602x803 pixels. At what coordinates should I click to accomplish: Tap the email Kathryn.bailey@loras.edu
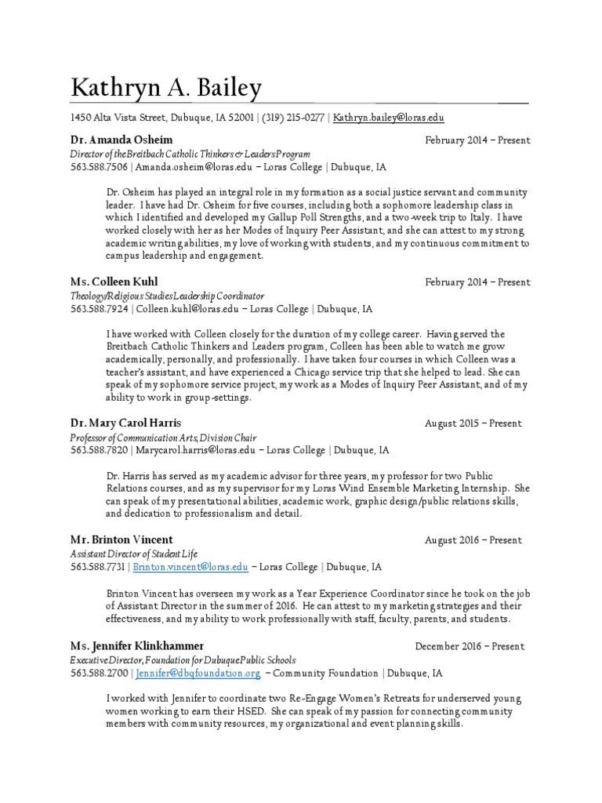point(389,118)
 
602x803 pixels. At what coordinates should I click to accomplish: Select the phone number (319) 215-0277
point(292,118)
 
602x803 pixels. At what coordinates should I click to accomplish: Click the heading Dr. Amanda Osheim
point(118,140)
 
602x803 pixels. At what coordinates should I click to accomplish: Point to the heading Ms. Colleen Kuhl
point(114,282)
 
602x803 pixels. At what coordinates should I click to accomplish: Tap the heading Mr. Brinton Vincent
point(121,540)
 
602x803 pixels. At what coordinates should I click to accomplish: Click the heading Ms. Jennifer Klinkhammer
point(137,645)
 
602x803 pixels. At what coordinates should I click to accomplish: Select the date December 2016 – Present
point(470,646)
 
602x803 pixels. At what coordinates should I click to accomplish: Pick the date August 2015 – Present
point(473,423)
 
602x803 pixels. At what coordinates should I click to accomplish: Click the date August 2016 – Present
point(473,540)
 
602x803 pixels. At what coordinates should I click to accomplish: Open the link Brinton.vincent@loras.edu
point(190,567)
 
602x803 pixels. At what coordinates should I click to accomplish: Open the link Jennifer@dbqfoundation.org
point(198,673)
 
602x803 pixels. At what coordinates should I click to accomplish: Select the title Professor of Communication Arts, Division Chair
point(163,438)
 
